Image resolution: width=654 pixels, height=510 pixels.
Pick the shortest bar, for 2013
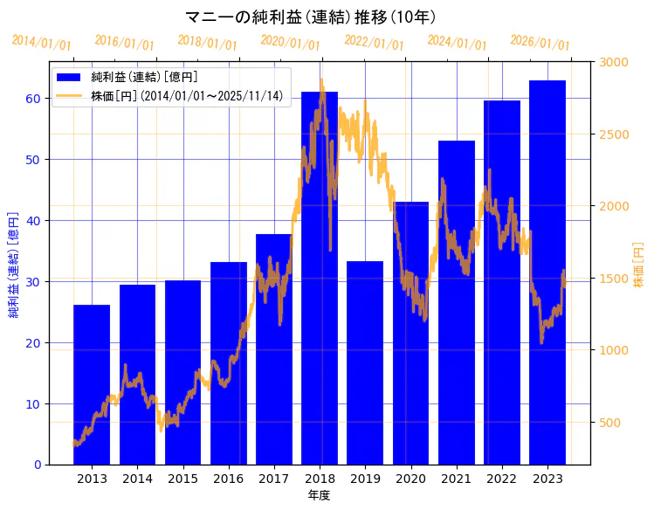coord(92,384)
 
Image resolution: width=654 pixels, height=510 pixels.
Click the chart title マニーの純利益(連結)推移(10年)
coord(312,17)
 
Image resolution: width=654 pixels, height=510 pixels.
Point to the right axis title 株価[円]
coord(638,266)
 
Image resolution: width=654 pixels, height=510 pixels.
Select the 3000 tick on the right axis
coord(614,62)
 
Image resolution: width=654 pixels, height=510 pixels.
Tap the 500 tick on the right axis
coord(611,423)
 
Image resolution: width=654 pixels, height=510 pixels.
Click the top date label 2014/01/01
coord(42,43)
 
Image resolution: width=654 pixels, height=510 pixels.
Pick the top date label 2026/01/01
coord(540,43)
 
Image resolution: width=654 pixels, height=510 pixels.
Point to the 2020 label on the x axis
coord(410,479)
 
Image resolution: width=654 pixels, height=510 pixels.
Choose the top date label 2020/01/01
coord(291,43)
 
